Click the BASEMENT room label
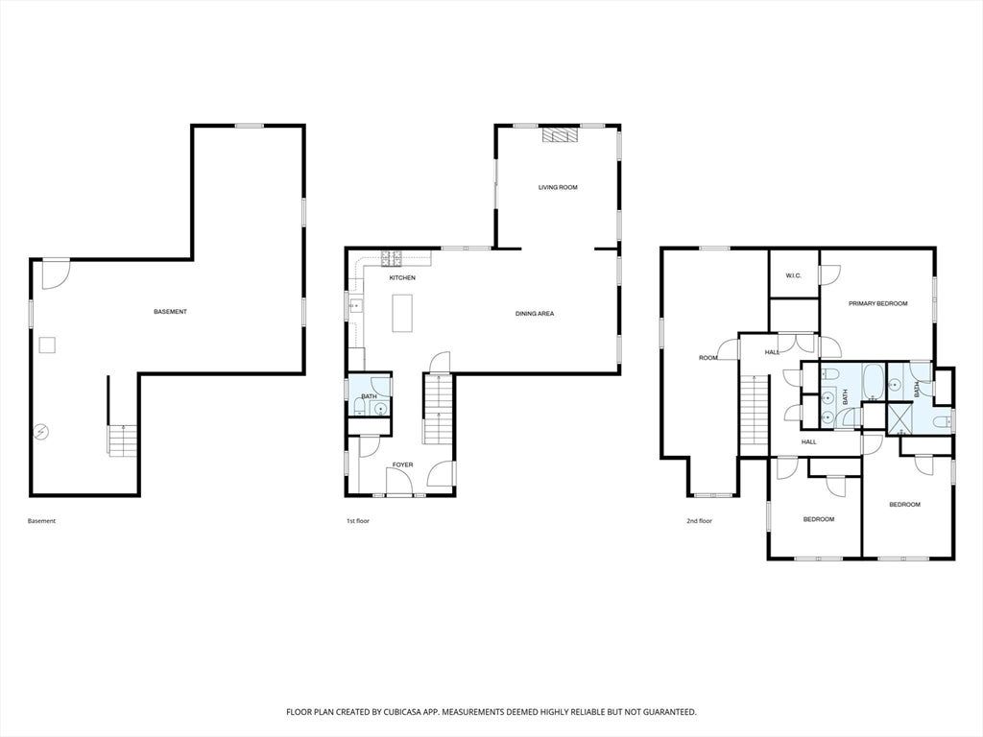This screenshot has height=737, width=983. [x=171, y=312]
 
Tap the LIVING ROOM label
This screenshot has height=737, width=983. [x=558, y=187]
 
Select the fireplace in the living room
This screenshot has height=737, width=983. [x=561, y=136]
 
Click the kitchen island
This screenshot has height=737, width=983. [x=402, y=313]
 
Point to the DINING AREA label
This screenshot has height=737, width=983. [x=535, y=314]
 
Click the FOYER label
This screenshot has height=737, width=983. [x=402, y=465]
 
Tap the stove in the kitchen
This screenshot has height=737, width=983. [x=392, y=255]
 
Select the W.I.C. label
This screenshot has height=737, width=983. [x=794, y=275]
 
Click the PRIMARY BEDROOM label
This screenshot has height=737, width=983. [x=877, y=304]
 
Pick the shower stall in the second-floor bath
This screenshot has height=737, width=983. [x=899, y=419]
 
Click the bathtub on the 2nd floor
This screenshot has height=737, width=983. [x=873, y=381]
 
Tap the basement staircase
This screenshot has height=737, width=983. [x=124, y=440]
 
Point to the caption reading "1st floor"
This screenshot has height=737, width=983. [x=358, y=521]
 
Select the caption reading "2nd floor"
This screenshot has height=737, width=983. [x=700, y=521]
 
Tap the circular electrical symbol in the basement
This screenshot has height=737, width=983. [x=41, y=432]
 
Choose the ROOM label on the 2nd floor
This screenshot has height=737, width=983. [x=707, y=358]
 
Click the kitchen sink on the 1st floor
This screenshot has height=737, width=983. [x=355, y=306]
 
